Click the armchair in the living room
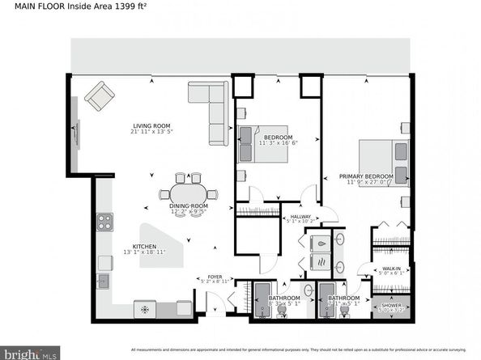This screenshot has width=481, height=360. (x=100, y=95)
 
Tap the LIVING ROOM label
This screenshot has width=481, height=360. (x=152, y=125)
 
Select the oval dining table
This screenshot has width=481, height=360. (x=188, y=193)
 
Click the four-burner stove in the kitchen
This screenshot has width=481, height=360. (x=104, y=220)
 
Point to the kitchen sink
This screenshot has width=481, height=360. (x=103, y=281)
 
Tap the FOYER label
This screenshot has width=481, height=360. (x=215, y=277)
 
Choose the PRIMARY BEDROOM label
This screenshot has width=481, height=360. (x=366, y=176)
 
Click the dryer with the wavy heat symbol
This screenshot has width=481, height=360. (x=320, y=264)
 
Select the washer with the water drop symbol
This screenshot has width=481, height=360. (x=320, y=243)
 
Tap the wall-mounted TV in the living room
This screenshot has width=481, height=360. (x=77, y=133)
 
